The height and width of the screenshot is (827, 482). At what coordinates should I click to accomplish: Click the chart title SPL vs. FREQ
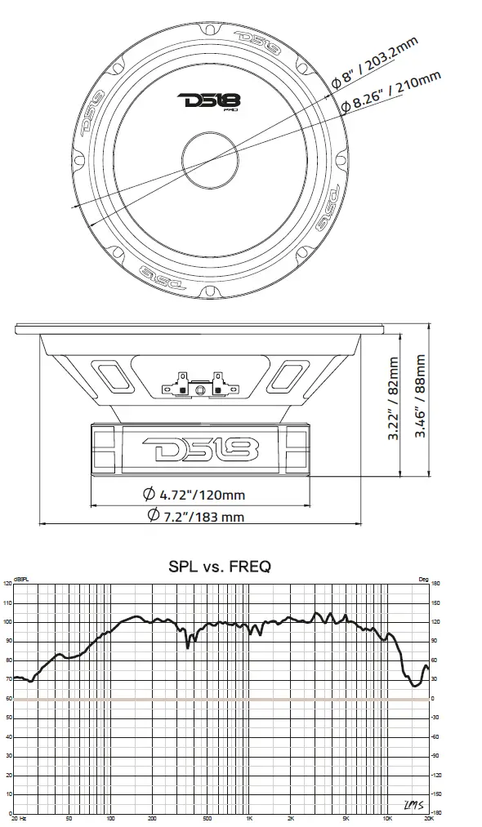click(x=219, y=565)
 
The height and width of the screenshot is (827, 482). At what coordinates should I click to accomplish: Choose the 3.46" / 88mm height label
click(x=421, y=396)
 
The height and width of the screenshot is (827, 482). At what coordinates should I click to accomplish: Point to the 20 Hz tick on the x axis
click(x=19, y=817)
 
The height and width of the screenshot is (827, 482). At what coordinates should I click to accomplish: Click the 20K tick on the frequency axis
click(x=427, y=817)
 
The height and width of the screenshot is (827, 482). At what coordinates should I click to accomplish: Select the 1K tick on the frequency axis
click(x=249, y=817)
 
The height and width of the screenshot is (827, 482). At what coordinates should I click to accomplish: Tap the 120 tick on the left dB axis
click(x=7, y=584)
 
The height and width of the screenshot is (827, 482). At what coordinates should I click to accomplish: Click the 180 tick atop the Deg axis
click(x=436, y=584)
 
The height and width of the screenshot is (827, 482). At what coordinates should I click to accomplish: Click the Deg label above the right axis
click(x=422, y=578)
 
